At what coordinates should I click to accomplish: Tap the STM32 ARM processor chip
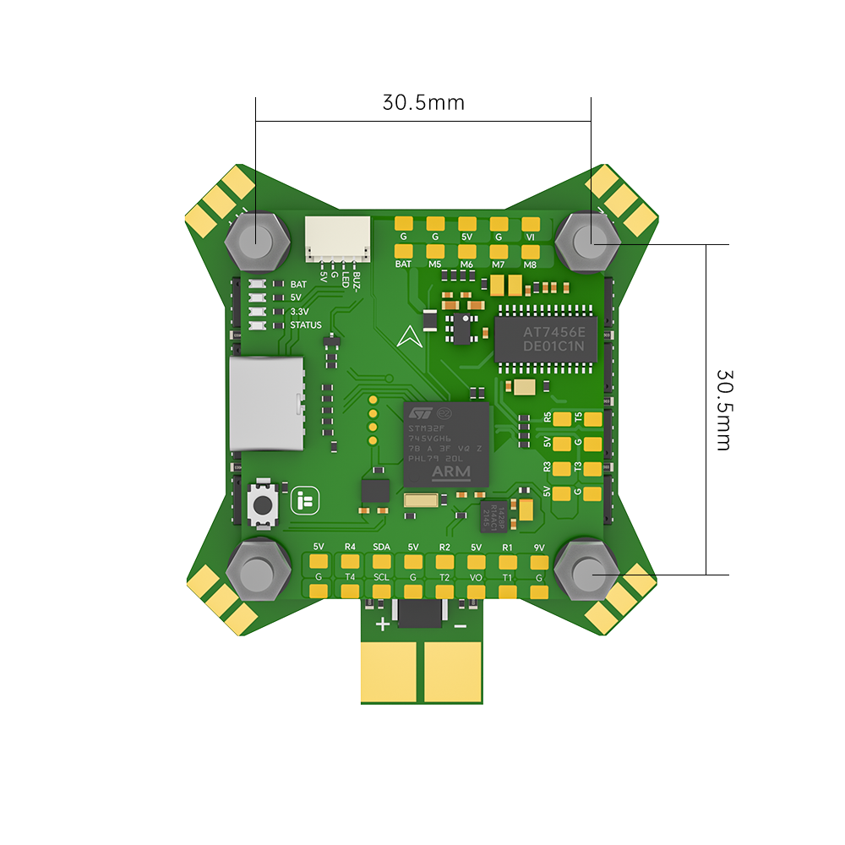click(x=447, y=444)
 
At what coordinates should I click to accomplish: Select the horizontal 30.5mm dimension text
click(x=423, y=103)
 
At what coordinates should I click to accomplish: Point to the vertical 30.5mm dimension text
click(x=723, y=409)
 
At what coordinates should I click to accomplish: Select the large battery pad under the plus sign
click(x=390, y=671)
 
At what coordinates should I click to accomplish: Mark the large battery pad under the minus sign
click(x=453, y=671)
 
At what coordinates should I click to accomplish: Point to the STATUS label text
click(x=305, y=325)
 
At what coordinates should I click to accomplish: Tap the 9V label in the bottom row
click(x=539, y=548)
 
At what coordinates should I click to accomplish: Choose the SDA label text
click(x=381, y=548)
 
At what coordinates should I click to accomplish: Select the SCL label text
click(x=381, y=577)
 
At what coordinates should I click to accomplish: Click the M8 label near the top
click(x=530, y=264)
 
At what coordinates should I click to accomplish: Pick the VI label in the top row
click(x=531, y=237)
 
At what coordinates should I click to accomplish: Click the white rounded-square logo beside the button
click(x=302, y=501)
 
